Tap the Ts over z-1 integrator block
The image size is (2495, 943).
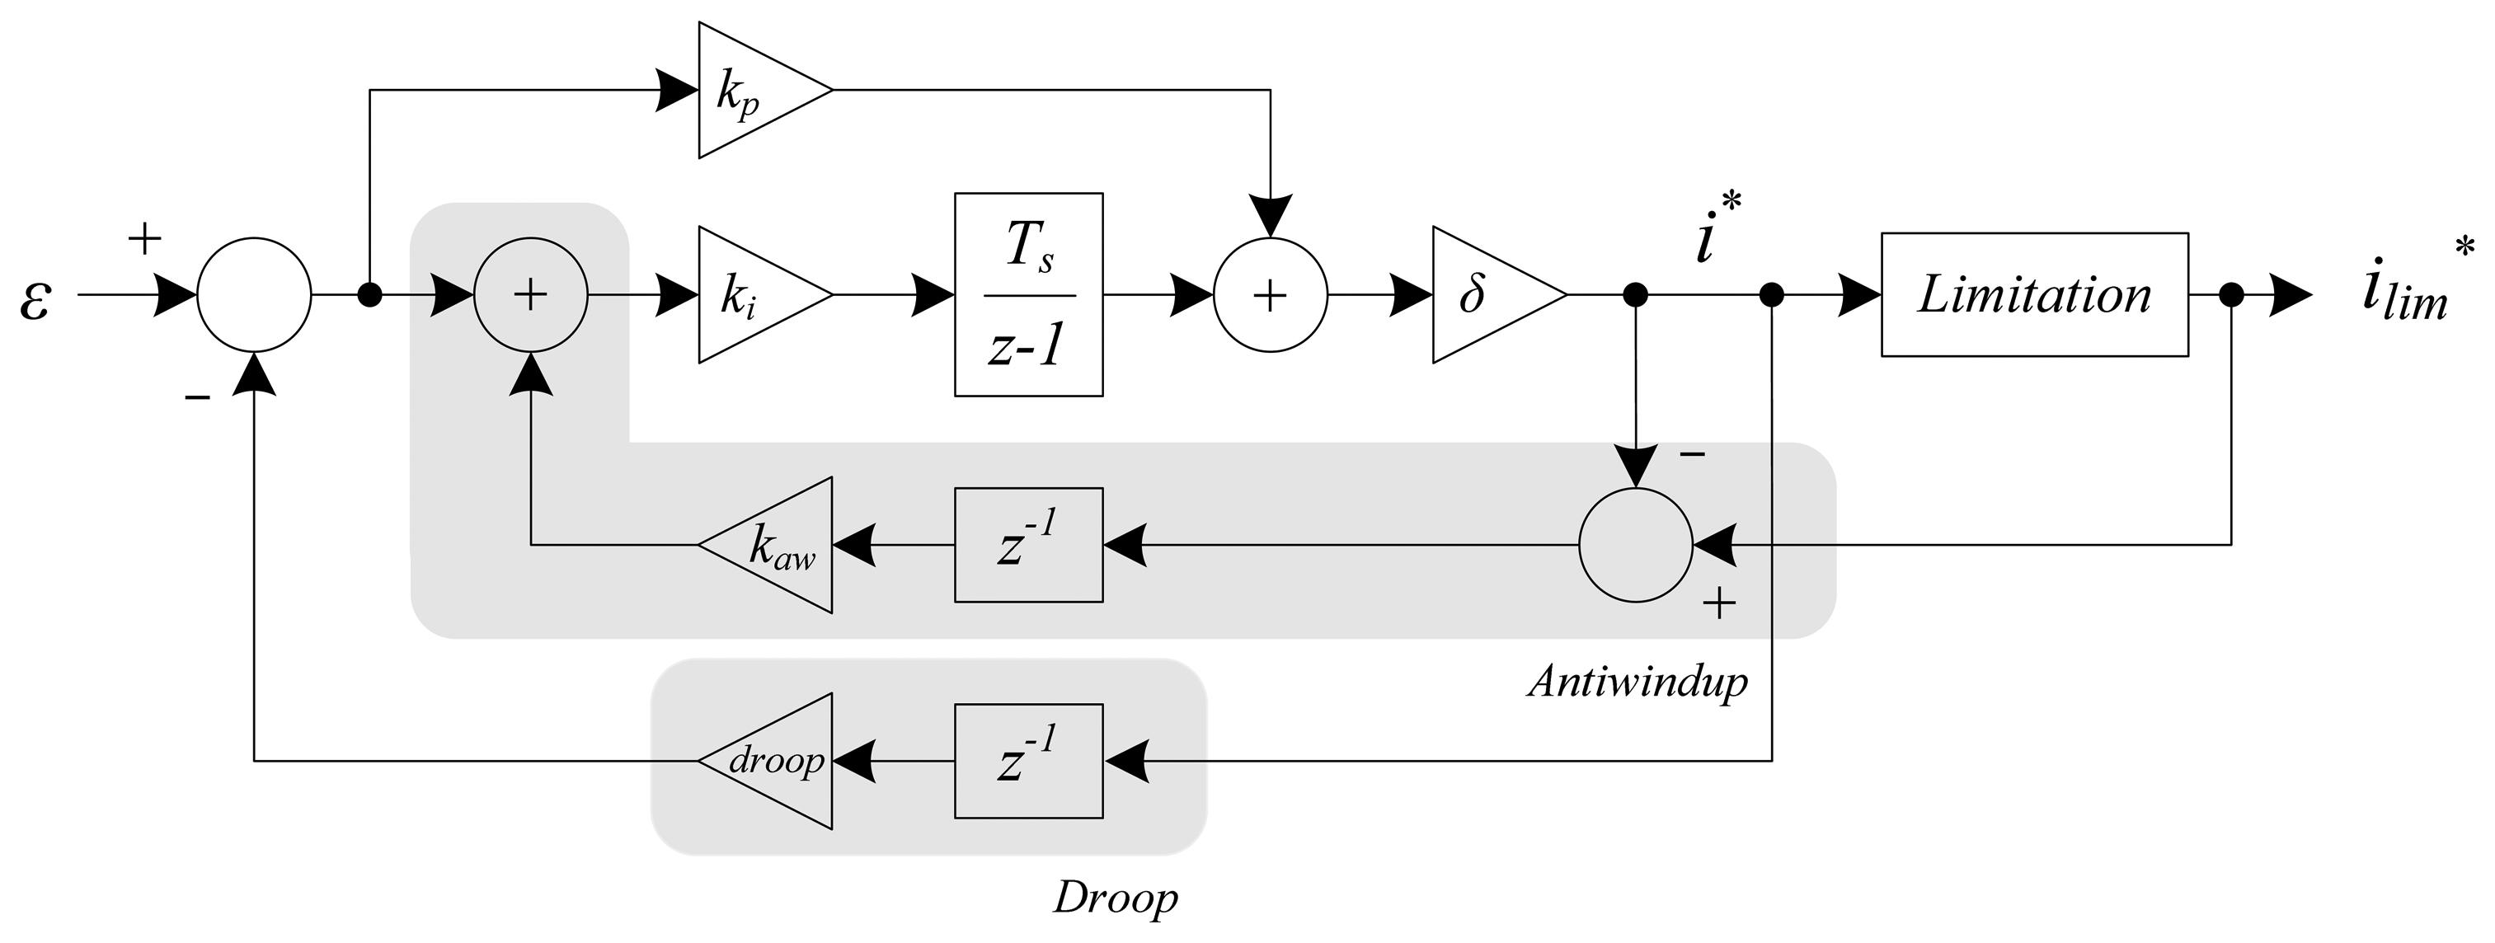[1029, 294]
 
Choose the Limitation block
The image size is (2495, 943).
[2034, 294]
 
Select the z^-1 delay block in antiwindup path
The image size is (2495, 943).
[1029, 545]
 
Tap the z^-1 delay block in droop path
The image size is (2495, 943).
[1029, 761]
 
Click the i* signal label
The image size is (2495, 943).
[1714, 232]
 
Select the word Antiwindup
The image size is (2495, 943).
[1637, 683]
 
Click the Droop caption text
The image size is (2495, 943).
[1115, 898]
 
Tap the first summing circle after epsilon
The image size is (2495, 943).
[254, 294]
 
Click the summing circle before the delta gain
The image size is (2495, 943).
[1270, 294]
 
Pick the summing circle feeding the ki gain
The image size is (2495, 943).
[530, 294]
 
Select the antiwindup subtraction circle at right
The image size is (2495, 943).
[1635, 545]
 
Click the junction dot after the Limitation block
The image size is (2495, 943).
[2231, 294]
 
